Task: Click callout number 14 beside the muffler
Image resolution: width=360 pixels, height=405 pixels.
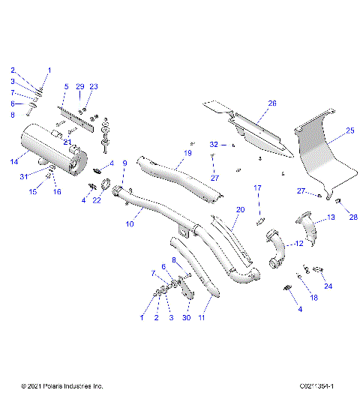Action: coord(13,161)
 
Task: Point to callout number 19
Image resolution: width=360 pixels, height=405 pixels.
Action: coord(187,152)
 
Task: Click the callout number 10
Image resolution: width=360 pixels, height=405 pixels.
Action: coord(129,223)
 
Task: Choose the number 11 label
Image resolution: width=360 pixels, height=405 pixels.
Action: coord(201,318)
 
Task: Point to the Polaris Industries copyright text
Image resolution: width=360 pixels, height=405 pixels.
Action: coord(62,386)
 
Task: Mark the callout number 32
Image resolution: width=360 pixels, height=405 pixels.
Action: coord(213,143)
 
